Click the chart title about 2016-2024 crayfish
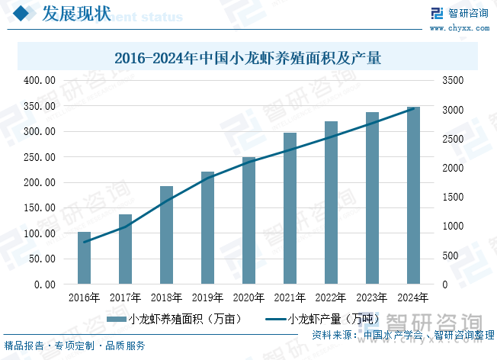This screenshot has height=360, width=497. click(x=248, y=58)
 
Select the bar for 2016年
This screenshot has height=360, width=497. click(x=84, y=258)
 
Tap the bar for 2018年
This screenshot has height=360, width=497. click(x=166, y=235)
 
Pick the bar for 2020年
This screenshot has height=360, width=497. click(x=248, y=220)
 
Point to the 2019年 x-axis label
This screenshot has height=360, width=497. click(x=207, y=297)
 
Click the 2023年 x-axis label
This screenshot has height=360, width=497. click(x=372, y=297)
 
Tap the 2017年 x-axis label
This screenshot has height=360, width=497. click(x=125, y=297)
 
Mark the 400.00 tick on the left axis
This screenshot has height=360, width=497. click(x=40, y=80)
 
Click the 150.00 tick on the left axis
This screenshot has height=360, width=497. click(x=40, y=207)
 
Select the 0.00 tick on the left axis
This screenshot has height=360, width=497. click(x=43, y=284)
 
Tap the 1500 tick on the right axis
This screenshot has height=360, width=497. click(x=451, y=197)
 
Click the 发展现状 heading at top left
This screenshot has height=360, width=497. click(x=75, y=14)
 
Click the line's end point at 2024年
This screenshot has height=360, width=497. click(x=413, y=108)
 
